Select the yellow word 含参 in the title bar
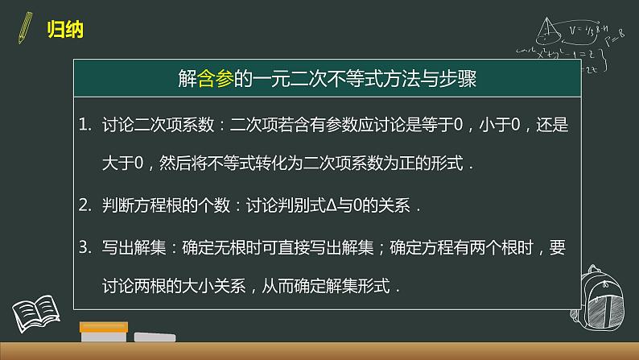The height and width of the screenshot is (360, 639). pos(216,79)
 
